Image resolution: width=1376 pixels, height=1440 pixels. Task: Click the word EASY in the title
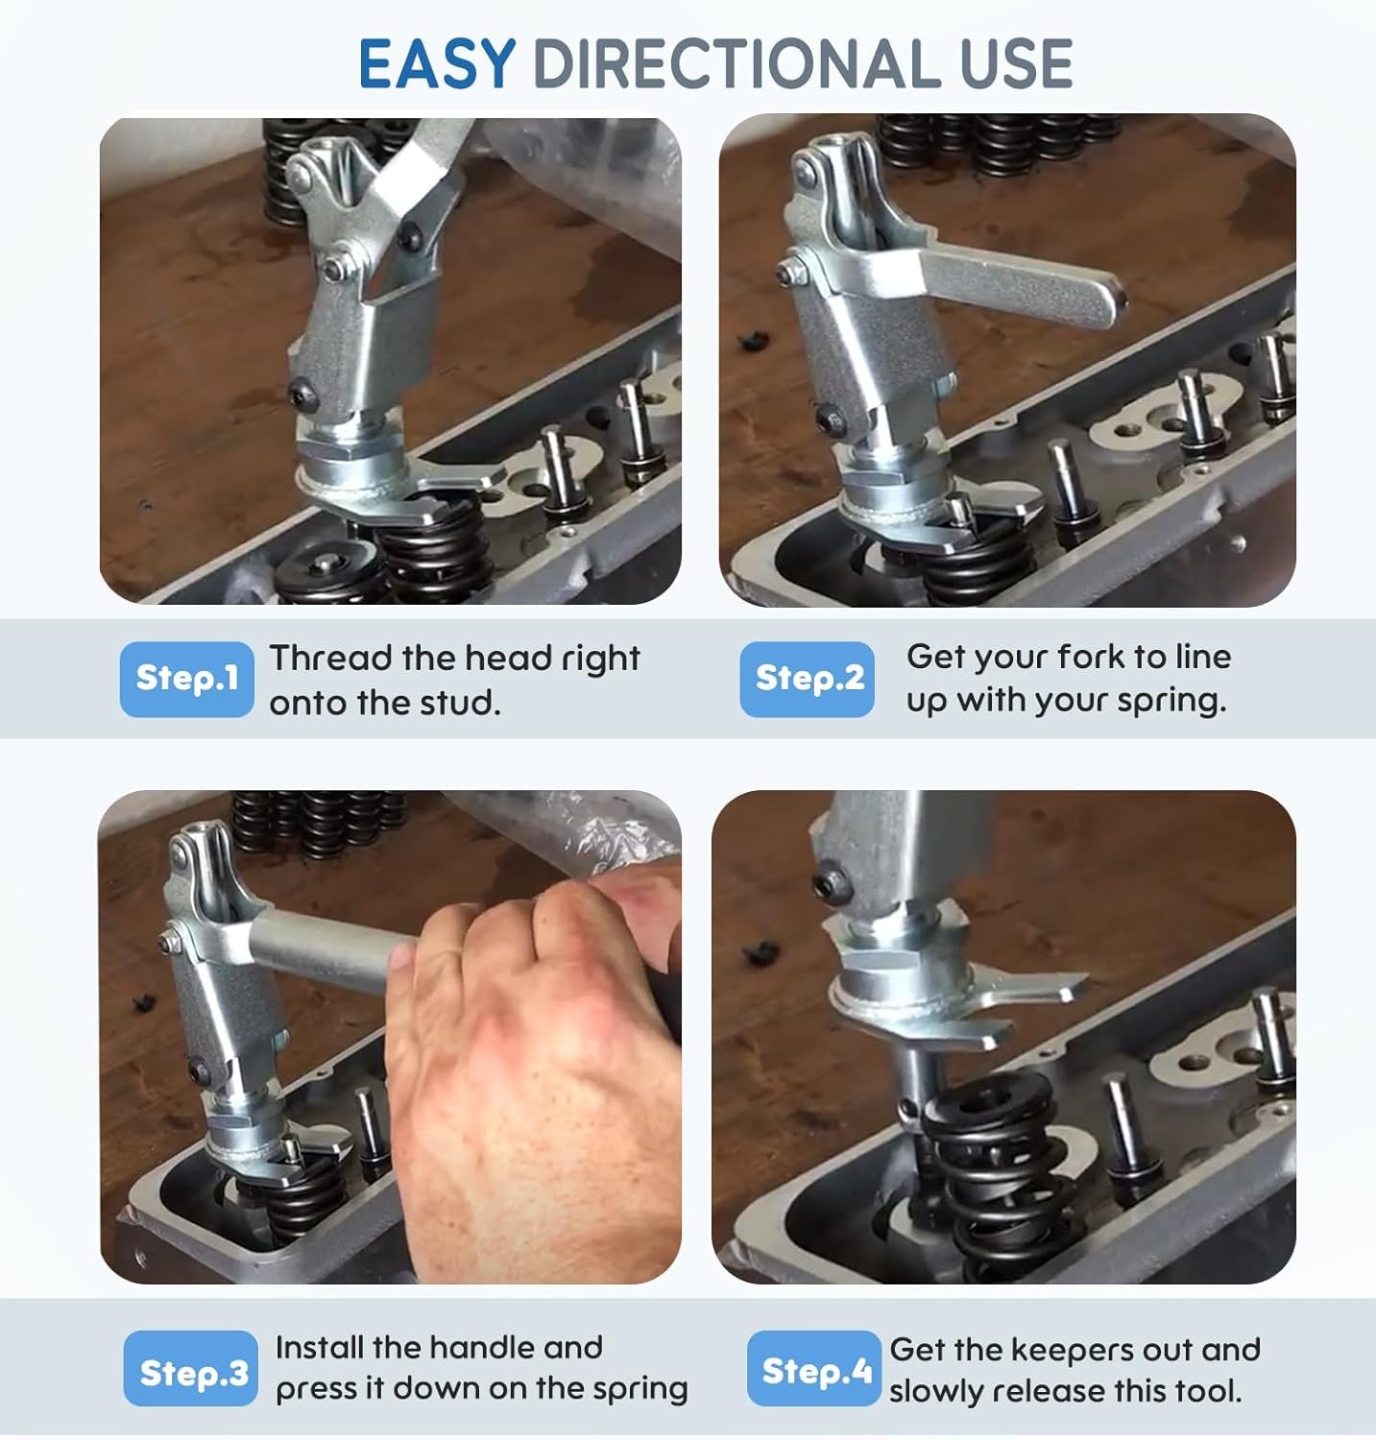(x=437, y=64)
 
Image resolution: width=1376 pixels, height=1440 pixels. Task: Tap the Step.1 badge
(x=187, y=679)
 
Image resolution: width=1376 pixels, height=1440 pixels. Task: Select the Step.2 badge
(x=808, y=679)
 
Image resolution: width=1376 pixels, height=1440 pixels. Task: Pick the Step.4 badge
(x=814, y=1369)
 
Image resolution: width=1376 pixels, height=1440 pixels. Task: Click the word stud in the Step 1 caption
(x=464, y=703)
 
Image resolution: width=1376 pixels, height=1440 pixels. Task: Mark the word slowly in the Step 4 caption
(x=934, y=1392)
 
